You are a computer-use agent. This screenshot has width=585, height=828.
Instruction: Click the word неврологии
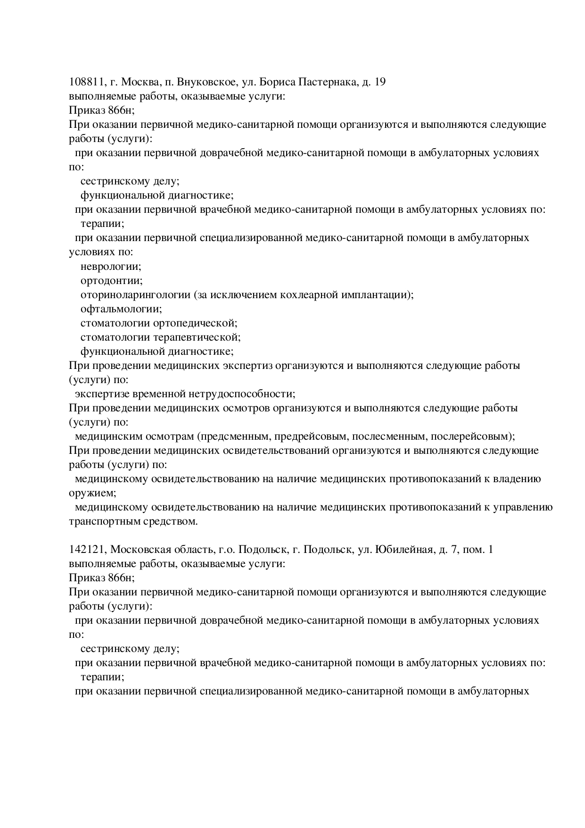(111, 267)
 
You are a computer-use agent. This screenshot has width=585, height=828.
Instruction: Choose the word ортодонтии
(111, 281)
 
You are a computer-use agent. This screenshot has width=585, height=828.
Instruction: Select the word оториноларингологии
(135, 295)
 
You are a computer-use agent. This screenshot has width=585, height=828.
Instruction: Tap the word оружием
(92, 493)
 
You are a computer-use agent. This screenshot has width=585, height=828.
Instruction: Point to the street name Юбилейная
(404, 550)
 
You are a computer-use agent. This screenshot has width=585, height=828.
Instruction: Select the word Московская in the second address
(140, 550)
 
